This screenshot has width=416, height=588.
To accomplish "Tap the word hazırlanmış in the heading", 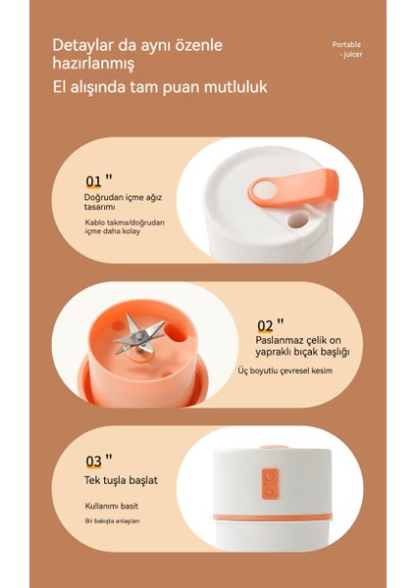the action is click(93, 63).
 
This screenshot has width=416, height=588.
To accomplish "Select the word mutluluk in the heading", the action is click(235, 86).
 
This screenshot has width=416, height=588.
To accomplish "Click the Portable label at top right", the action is click(346, 45).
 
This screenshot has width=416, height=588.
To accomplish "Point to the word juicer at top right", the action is click(352, 54).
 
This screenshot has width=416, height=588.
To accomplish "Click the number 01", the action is click(93, 181).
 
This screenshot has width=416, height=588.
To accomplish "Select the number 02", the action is click(265, 326).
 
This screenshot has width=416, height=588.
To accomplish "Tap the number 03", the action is click(93, 462).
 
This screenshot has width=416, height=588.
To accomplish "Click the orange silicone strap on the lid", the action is click(292, 188).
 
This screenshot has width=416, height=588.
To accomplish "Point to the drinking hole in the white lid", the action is click(299, 219).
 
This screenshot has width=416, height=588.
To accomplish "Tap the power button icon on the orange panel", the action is click(271, 476).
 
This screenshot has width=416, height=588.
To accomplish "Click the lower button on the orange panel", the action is click(271, 491).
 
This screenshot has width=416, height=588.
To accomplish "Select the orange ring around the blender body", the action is click(273, 517).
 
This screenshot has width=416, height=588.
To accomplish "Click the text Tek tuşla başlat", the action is click(121, 480).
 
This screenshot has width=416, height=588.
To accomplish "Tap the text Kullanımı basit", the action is click(112, 507).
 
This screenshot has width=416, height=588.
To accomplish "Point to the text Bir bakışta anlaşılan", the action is click(112, 521).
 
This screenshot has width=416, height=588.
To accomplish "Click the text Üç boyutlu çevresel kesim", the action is click(285, 370).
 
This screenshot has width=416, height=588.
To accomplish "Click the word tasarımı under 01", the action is click(99, 207).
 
